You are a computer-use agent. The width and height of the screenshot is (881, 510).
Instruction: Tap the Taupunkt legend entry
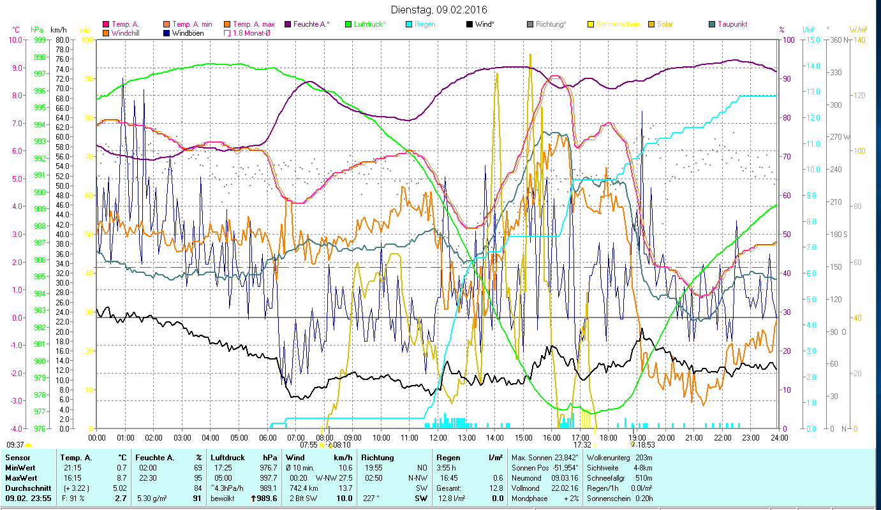point(732,24)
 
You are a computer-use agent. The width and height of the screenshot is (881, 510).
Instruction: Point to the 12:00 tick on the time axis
point(438,437)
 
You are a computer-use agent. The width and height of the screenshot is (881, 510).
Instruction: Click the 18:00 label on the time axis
point(609,437)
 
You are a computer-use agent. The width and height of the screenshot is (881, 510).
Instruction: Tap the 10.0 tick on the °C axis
point(15,40)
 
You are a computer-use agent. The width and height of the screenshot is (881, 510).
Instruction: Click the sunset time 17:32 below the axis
point(582,445)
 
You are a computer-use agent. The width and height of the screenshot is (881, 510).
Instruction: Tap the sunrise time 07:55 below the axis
point(308,445)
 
